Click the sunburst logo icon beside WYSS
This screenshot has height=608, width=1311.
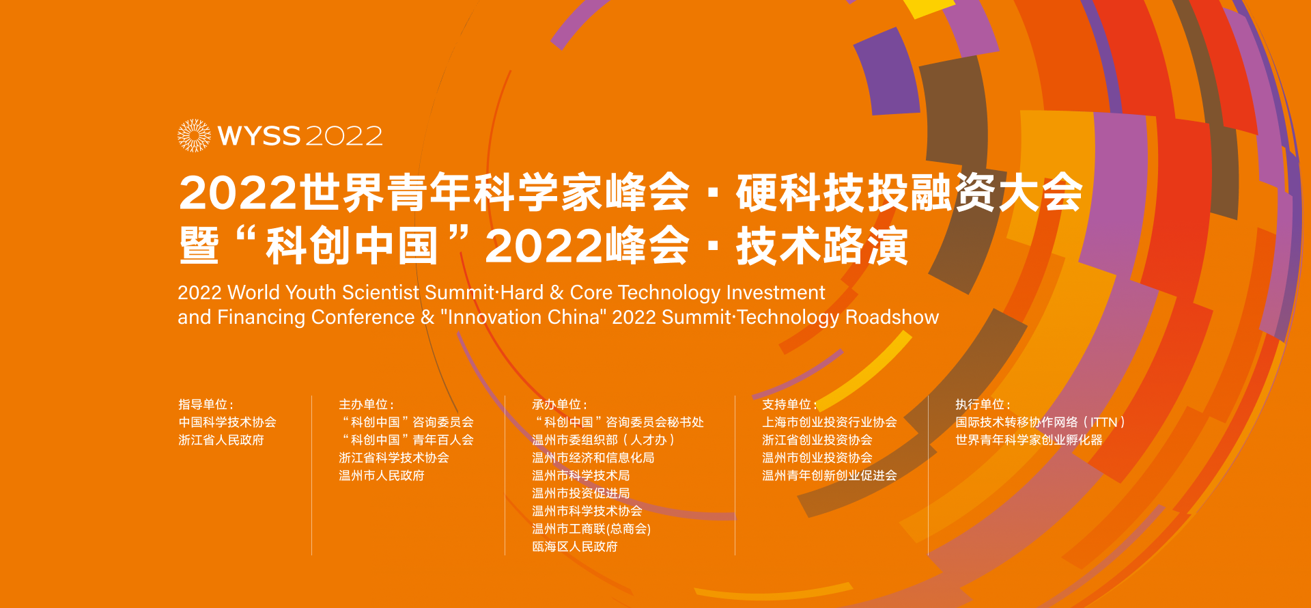pos(194,135)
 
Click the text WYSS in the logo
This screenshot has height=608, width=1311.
pos(259,136)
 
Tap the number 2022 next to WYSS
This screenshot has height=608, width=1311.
pos(343,136)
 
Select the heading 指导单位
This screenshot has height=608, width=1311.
pos(203,404)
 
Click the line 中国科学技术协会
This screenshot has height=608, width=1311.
pos(227,422)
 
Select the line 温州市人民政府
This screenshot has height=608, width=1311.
pos(382,475)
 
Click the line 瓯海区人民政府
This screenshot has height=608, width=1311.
pos(575,547)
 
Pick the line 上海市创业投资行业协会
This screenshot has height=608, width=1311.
pos(830,422)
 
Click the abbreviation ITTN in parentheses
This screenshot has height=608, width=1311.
pos(1103,422)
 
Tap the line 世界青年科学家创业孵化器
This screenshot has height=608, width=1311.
pos(1029,440)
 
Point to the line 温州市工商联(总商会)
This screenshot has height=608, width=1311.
pos(591,529)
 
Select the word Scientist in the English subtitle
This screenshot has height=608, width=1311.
pos(380,292)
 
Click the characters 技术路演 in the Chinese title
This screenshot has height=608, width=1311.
pos(822,246)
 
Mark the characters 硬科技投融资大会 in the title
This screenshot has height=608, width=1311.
pos(910,193)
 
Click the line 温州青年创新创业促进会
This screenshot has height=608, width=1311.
pos(830,475)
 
